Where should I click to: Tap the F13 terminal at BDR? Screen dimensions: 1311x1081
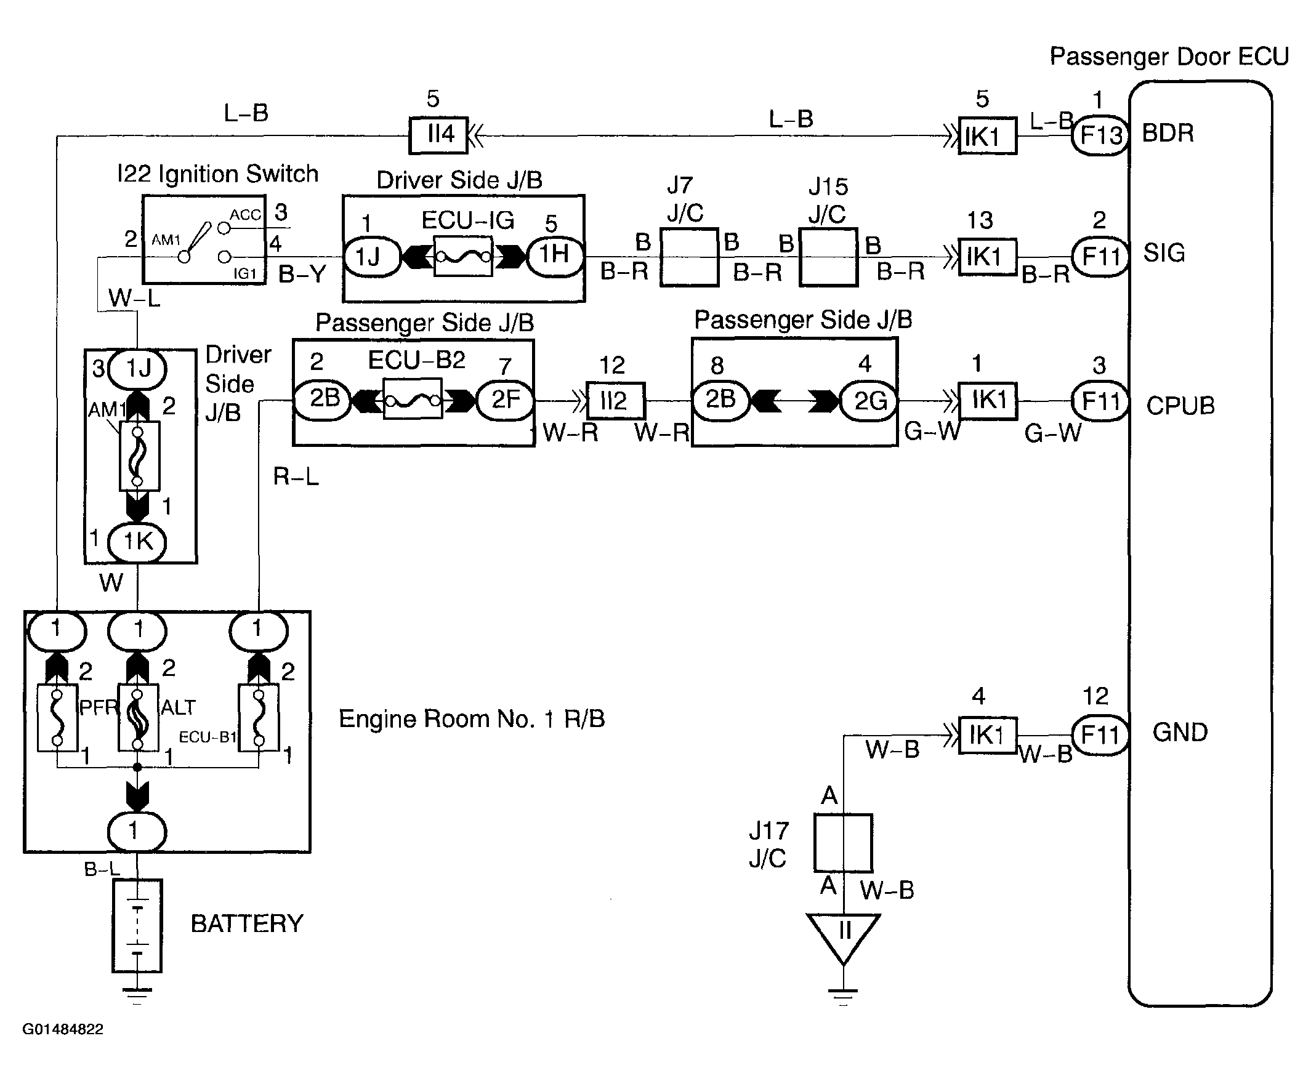tap(1100, 134)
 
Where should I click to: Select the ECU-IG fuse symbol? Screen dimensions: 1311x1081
tap(462, 256)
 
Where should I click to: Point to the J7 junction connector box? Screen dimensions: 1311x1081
tap(689, 257)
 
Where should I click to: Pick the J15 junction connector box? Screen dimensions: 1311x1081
tap(828, 257)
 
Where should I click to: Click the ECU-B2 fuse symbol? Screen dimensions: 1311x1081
tap(413, 399)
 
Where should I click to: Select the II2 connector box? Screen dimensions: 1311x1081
tap(615, 400)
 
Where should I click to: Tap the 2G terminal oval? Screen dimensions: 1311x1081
tap(869, 400)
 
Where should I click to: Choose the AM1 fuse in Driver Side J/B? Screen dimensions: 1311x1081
tap(139, 456)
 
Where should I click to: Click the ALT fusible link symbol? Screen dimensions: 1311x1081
tap(138, 717)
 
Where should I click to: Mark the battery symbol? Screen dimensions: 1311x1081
tap(137, 925)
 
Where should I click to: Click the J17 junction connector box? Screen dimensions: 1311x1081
tap(842, 843)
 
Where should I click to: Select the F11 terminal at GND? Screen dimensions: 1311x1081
tap(1100, 736)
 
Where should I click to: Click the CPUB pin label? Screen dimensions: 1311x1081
tap(1180, 405)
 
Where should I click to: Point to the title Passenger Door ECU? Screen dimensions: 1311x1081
tap(1169, 57)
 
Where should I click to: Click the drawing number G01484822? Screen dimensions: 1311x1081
tap(63, 1029)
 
